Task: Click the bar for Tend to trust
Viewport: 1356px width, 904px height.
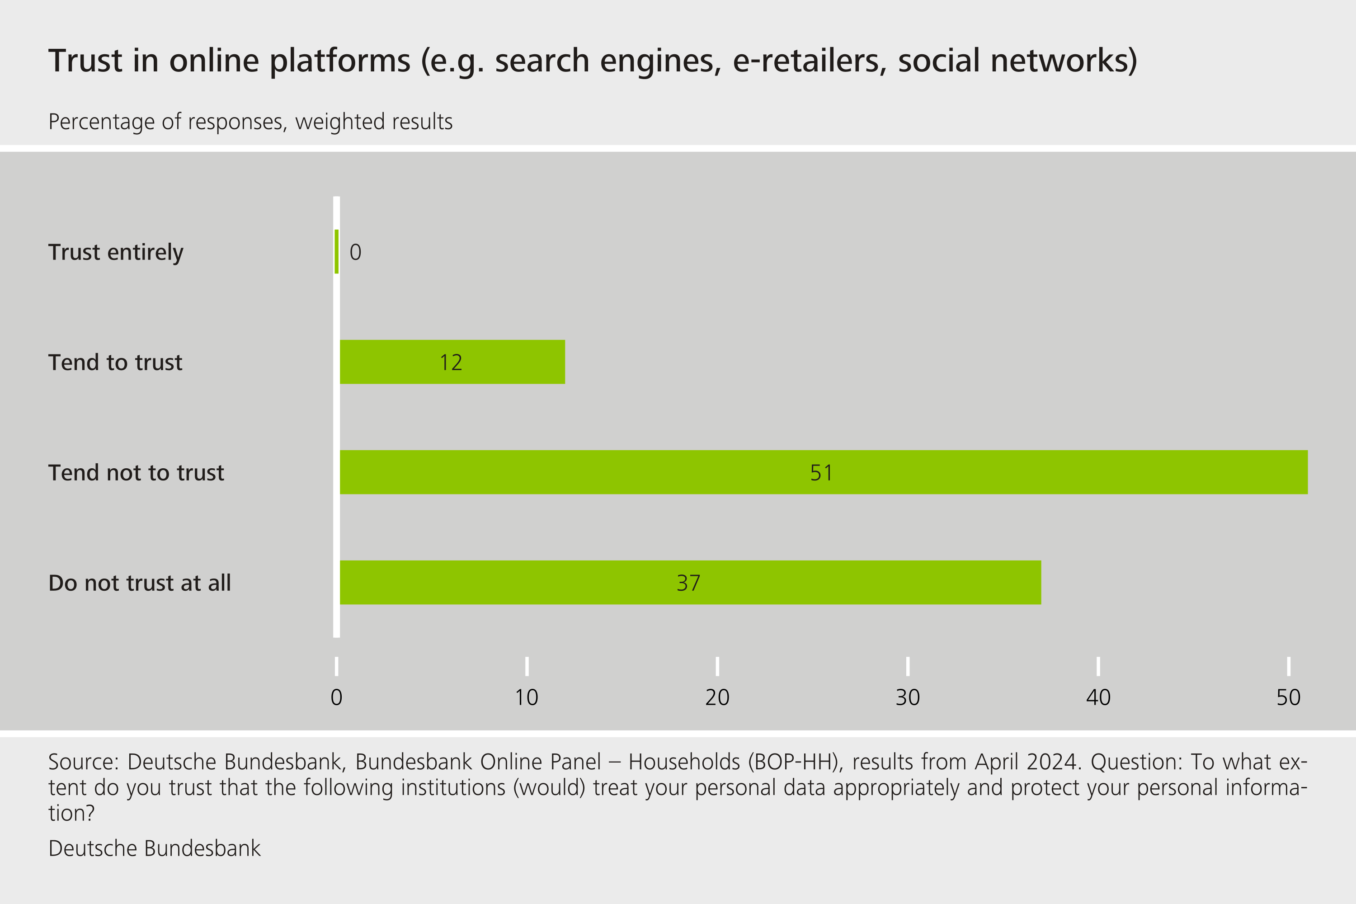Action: [404, 362]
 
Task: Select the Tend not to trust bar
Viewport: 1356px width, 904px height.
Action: [634, 472]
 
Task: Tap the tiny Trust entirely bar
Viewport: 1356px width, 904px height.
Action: [337, 251]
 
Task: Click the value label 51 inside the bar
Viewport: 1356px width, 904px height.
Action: [821, 473]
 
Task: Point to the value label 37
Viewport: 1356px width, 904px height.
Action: [688, 583]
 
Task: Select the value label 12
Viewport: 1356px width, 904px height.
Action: [451, 363]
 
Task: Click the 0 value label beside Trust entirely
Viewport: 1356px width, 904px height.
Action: [355, 252]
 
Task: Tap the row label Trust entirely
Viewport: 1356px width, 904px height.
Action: [116, 252]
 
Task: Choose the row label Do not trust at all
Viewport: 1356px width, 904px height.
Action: [140, 583]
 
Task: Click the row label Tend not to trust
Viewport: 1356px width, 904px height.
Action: [136, 473]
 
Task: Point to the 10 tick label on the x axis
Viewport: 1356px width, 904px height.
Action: [527, 697]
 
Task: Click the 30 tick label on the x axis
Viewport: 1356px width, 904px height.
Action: [908, 697]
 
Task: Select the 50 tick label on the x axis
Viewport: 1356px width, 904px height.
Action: [1288, 697]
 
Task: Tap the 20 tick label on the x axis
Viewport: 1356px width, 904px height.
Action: [717, 697]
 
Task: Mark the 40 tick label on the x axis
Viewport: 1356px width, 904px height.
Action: [1098, 697]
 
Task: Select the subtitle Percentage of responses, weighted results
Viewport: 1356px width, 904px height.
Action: [250, 122]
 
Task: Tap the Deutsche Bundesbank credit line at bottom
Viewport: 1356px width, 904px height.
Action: [155, 848]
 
